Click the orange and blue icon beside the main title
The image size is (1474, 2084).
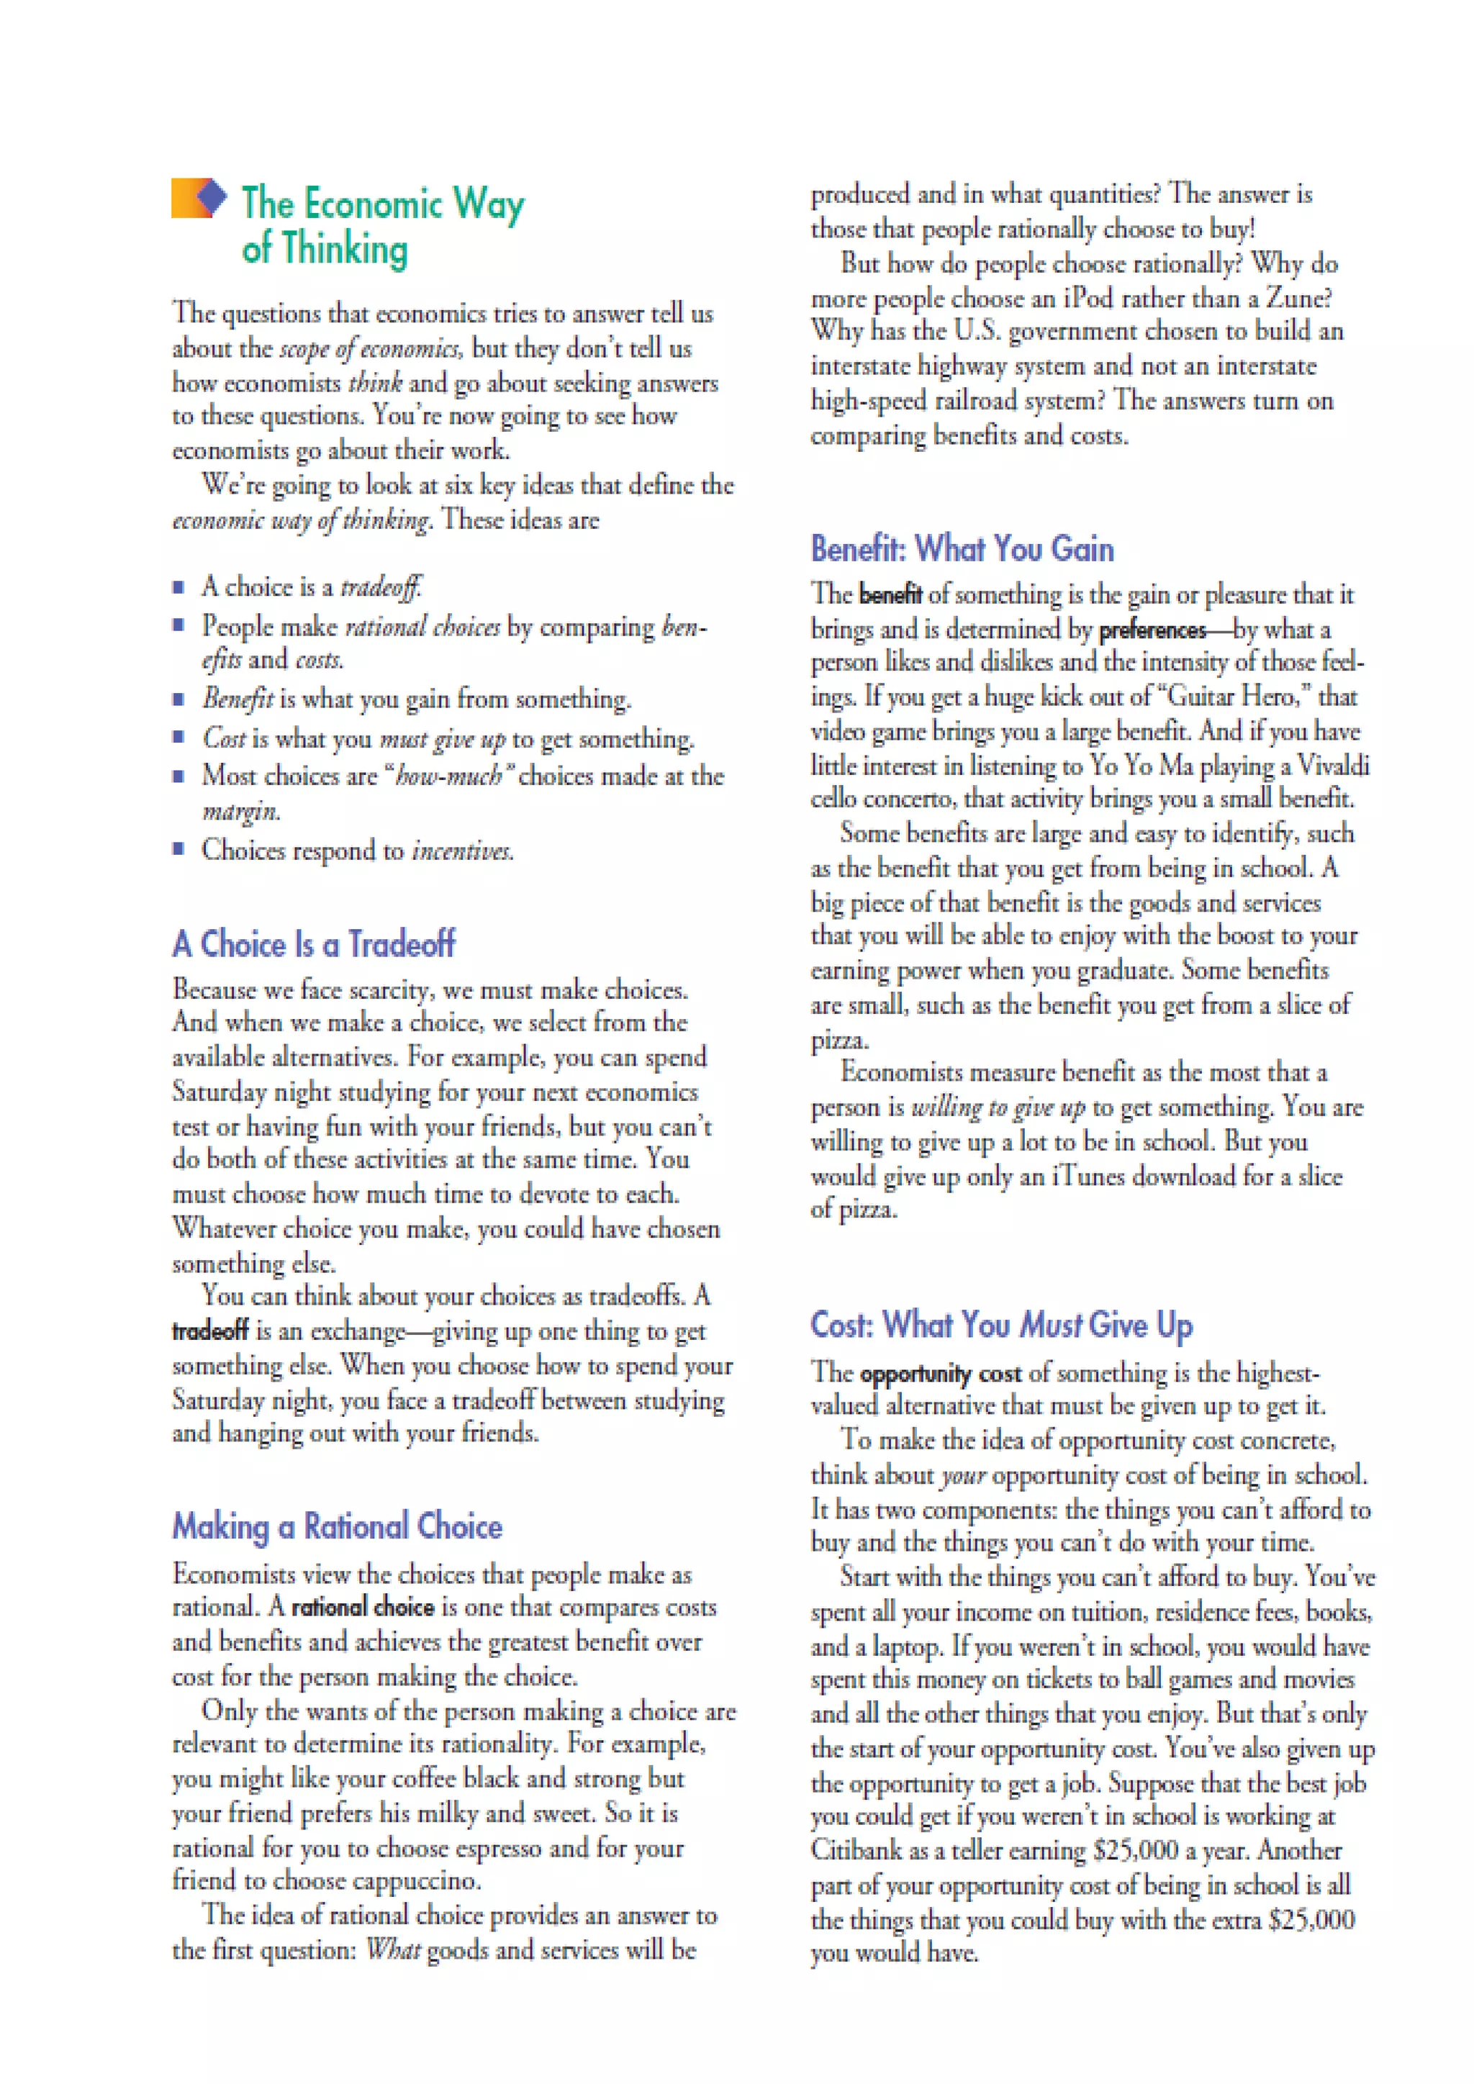pos(198,198)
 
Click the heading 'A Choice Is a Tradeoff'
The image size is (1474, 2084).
pos(313,944)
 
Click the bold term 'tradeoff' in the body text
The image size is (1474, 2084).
pos(209,1331)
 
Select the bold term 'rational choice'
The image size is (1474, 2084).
pos(363,1608)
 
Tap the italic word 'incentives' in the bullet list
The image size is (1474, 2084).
pos(462,851)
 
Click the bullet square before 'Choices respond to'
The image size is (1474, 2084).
pos(178,848)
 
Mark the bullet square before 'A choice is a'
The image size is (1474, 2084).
pos(178,586)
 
